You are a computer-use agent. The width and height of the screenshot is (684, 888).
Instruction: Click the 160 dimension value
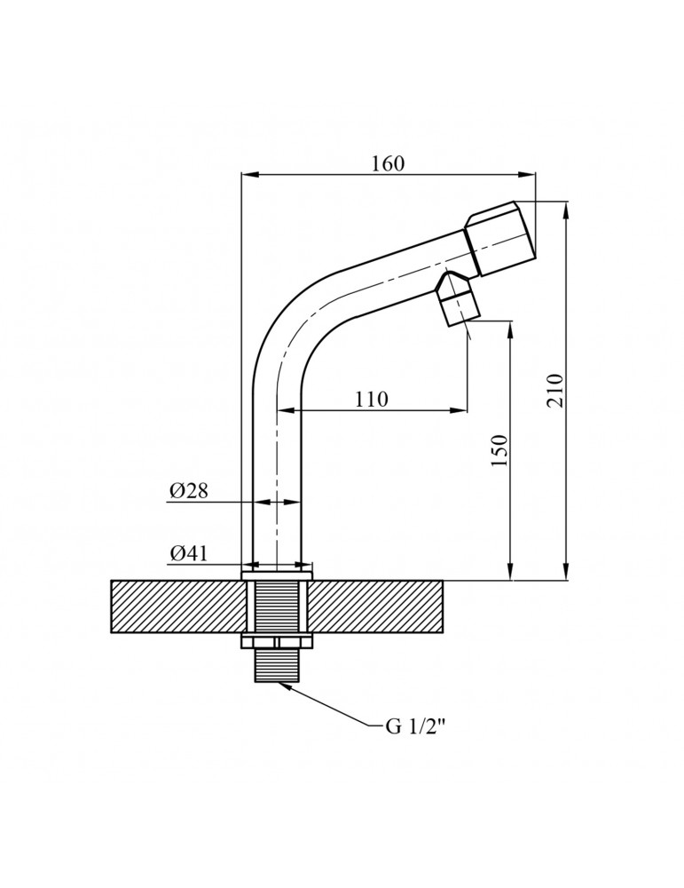click(x=388, y=163)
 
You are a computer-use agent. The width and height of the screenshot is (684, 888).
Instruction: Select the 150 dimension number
click(x=500, y=450)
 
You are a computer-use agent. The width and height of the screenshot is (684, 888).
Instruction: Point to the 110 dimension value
click(x=372, y=400)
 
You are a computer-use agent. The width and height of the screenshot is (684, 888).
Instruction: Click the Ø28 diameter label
click(x=189, y=490)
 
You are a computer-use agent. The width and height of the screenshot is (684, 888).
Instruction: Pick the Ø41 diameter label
click(x=188, y=553)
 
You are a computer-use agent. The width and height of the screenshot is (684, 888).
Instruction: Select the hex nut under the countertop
click(x=277, y=642)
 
